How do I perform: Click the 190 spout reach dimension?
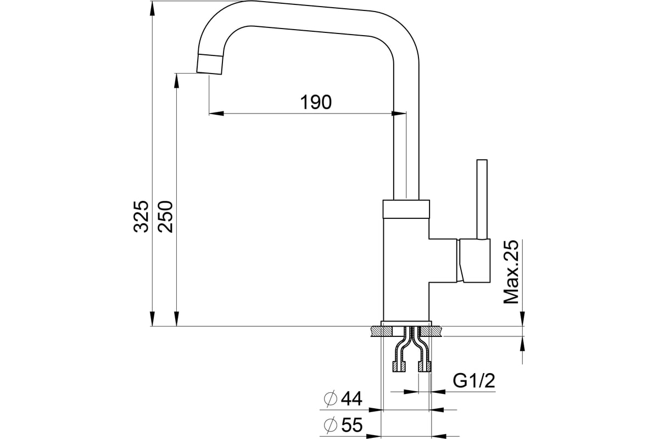click(x=316, y=102)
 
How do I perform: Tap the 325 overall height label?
click(x=141, y=217)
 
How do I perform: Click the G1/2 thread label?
click(x=474, y=381)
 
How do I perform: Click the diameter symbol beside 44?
click(x=330, y=399)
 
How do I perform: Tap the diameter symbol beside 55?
click(x=330, y=425)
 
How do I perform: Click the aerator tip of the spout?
click(x=210, y=64)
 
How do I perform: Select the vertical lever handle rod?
click(x=482, y=199)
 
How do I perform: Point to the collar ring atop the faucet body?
click(x=406, y=209)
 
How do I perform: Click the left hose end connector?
click(x=399, y=367)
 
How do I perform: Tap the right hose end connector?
click(x=425, y=367)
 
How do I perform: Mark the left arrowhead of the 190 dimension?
click(x=216, y=114)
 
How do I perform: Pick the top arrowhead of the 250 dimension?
click(x=176, y=81)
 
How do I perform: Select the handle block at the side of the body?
click(x=473, y=261)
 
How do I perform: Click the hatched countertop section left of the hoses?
click(x=382, y=331)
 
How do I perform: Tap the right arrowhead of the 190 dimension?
click(x=399, y=114)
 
